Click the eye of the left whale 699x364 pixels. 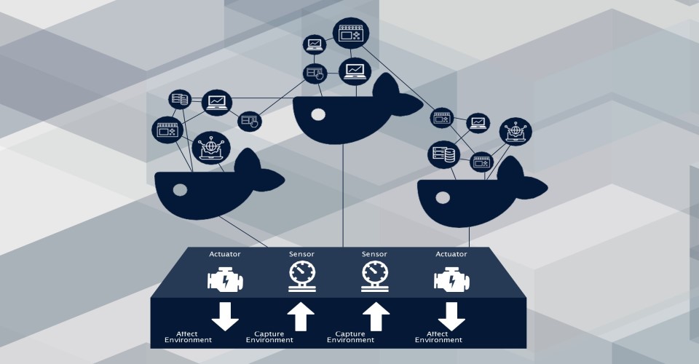(x=180, y=190)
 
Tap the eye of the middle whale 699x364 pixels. (x=317, y=114)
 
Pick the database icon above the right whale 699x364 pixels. (x=442, y=154)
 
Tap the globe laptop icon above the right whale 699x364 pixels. (x=516, y=131)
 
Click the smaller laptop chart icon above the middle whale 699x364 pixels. (x=315, y=44)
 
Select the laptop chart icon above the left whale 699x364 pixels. (x=216, y=103)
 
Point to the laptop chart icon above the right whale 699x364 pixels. (x=478, y=122)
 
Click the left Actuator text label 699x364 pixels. (x=224, y=254)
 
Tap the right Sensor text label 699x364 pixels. (x=374, y=254)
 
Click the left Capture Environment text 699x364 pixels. (x=274, y=336)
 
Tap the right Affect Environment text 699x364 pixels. (x=438, y=336)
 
